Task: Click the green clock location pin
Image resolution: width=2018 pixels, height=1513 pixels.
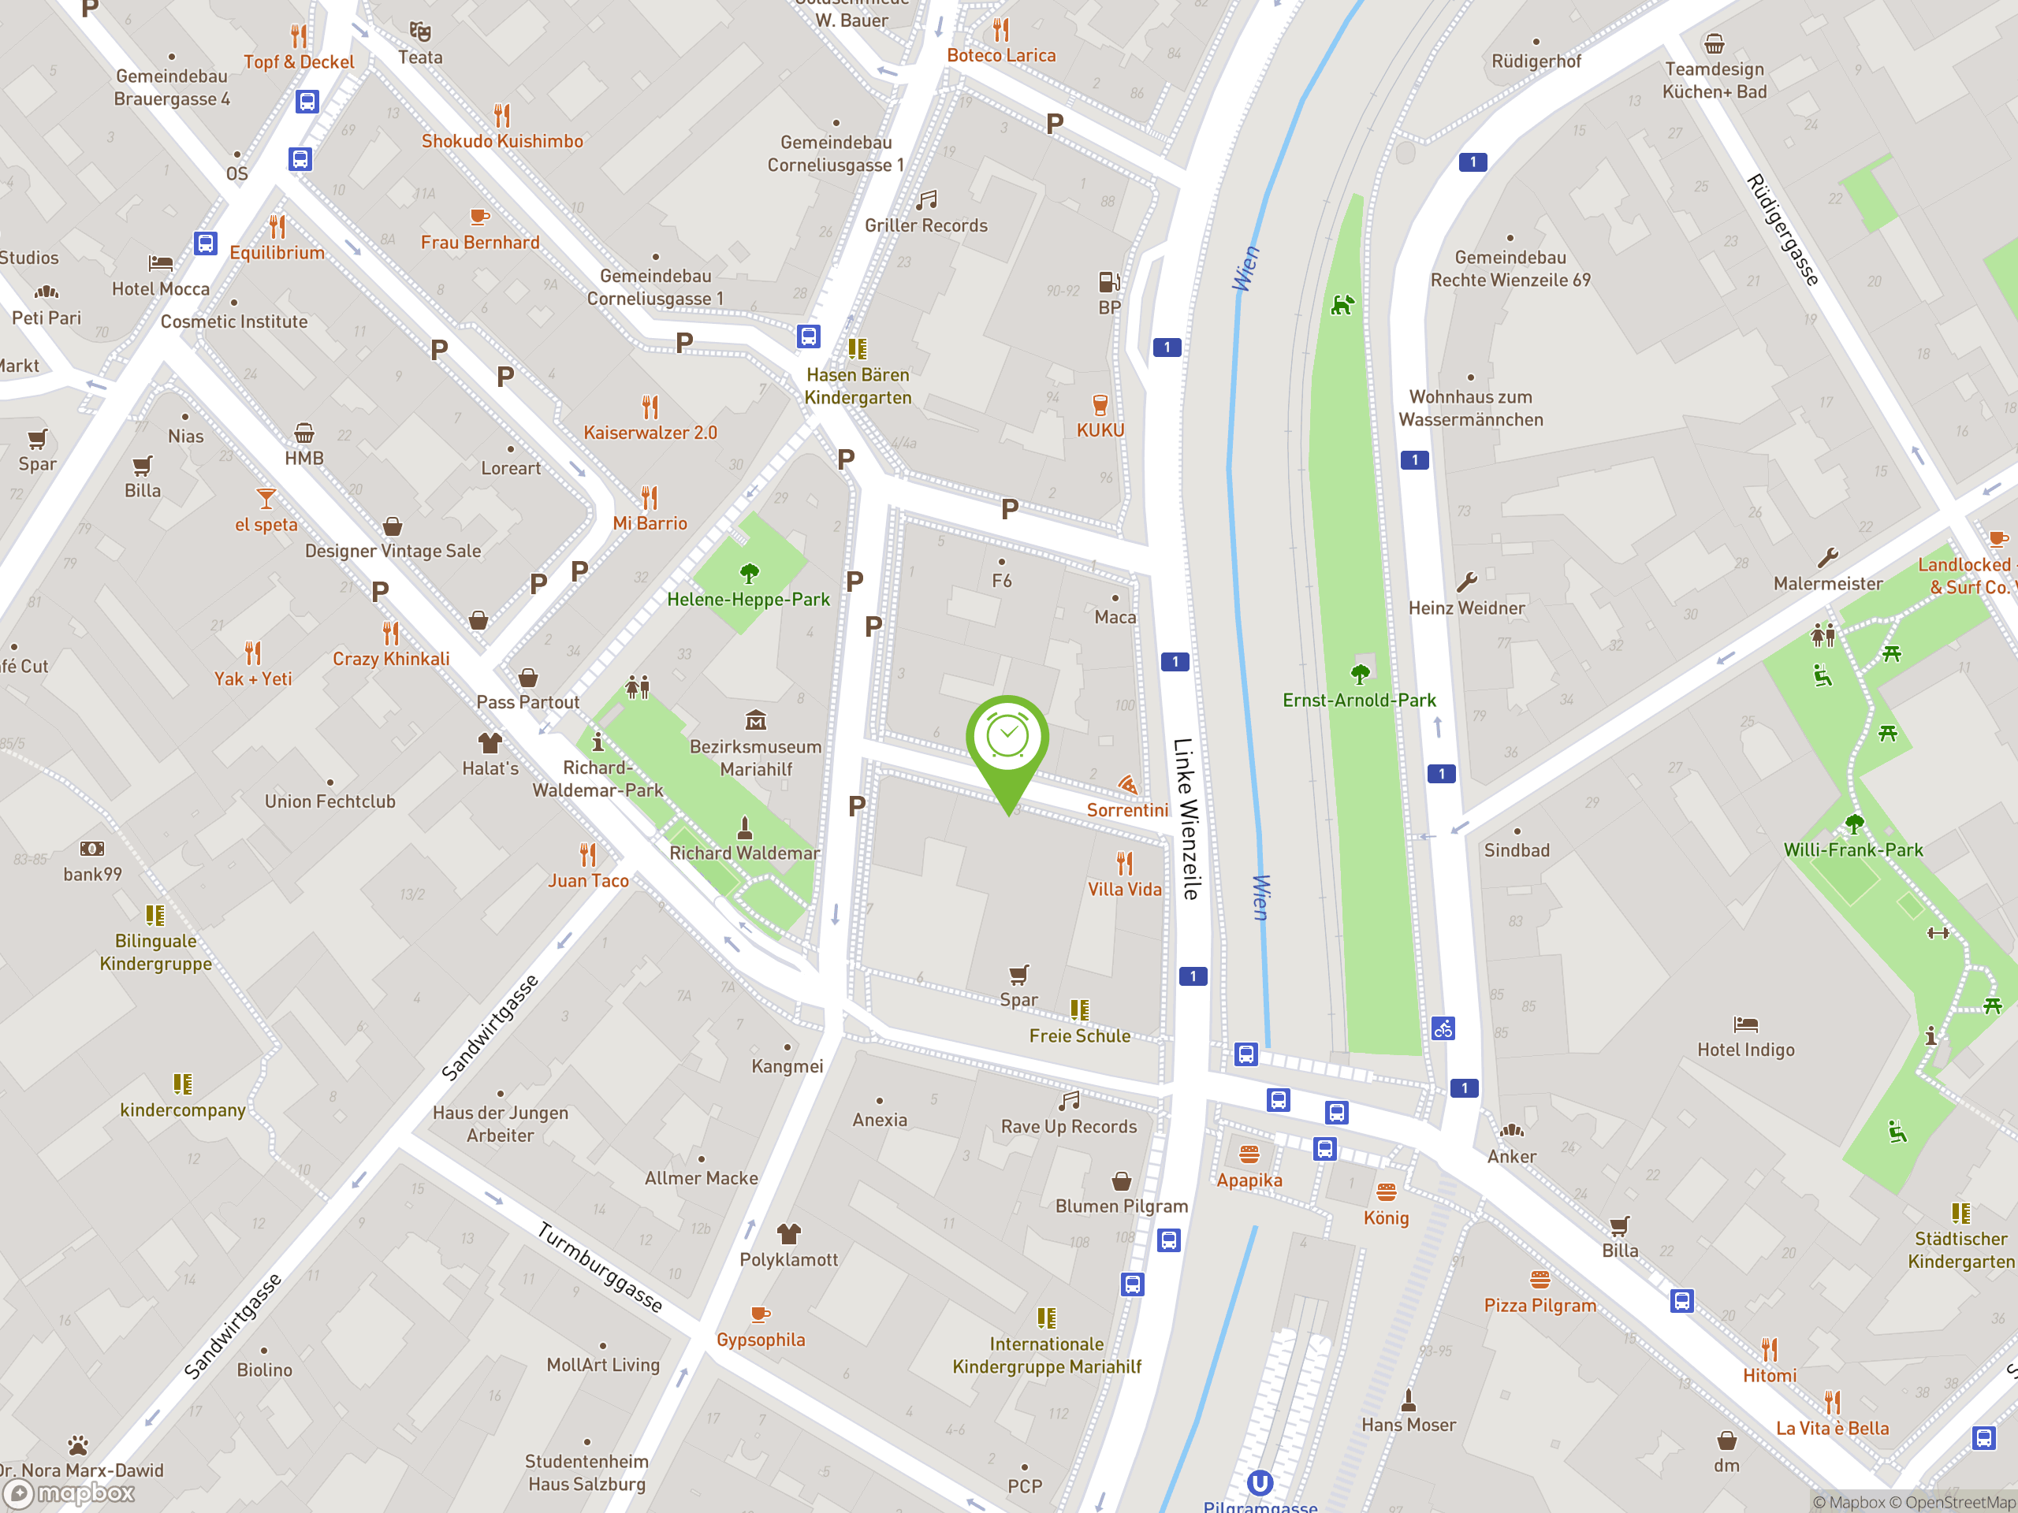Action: click(x=1007, y=738)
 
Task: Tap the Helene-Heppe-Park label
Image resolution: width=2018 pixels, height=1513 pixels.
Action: click(x=748, y=599)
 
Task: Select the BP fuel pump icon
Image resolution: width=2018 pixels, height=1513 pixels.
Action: click(x=1108, y=282)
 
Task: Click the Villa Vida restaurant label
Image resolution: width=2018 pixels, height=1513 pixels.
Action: click(x=1124, y=889)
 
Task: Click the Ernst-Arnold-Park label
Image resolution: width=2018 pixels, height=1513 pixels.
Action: click(x=1358, y=700)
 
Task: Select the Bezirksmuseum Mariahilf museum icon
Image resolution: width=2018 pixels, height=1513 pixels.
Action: click(x=755, y=721)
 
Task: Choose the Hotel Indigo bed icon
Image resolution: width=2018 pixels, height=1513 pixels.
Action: click(x=1745, y=1024)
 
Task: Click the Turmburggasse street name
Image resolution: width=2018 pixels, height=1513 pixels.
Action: click(x=599, y=1267)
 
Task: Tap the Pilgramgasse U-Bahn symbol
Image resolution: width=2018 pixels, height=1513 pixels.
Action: click(x=1260, y=1483)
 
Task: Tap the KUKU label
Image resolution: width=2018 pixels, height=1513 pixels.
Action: click(x=1100, y=430)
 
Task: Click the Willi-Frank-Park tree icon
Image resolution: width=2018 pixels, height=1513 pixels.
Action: click(x=1854, y=824)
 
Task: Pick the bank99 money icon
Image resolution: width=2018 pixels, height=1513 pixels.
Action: click(x=92, y=849)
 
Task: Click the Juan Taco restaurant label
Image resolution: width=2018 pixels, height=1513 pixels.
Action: click(x=588, y=881)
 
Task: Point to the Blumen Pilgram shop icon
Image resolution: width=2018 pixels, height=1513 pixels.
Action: click(x=1121, y=1182)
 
